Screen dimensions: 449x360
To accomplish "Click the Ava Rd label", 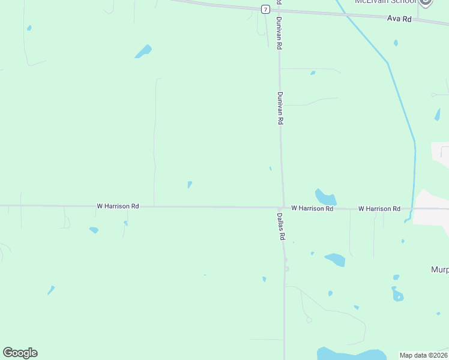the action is [399, 19].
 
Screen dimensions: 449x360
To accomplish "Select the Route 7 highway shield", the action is [265, 9].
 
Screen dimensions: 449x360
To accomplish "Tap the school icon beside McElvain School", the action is [426, 2].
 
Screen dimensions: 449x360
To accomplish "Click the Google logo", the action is [20, 353].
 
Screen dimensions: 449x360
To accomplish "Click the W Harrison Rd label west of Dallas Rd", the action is [118, 206].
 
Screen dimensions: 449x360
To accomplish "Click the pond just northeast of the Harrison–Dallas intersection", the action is [325, 197].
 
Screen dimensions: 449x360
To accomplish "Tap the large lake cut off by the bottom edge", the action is [351, 354].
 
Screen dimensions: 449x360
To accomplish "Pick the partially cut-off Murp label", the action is [439, 269].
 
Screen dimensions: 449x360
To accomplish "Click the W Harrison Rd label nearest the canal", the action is [379, 208].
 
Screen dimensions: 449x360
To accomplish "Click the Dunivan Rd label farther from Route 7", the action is [280, 108].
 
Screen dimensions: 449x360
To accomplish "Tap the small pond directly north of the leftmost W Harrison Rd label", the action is [190, 184].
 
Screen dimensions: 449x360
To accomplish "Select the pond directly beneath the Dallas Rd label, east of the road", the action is [334, 259].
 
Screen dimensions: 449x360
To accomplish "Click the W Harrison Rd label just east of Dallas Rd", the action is [312, 208].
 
